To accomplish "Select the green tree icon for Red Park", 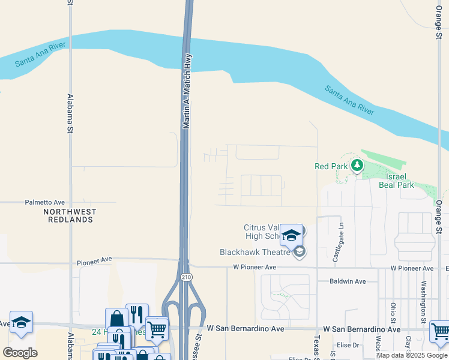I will (x=357, y=164).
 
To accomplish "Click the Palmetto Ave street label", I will (x=44, y=203).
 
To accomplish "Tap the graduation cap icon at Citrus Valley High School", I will (x=292, y=234).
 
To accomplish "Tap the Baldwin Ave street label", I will (x=348, y=281).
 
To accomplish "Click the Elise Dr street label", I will (x=348, y=345).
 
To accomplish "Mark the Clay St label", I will (x=408, y=326).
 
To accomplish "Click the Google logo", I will (x=20, y=352).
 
